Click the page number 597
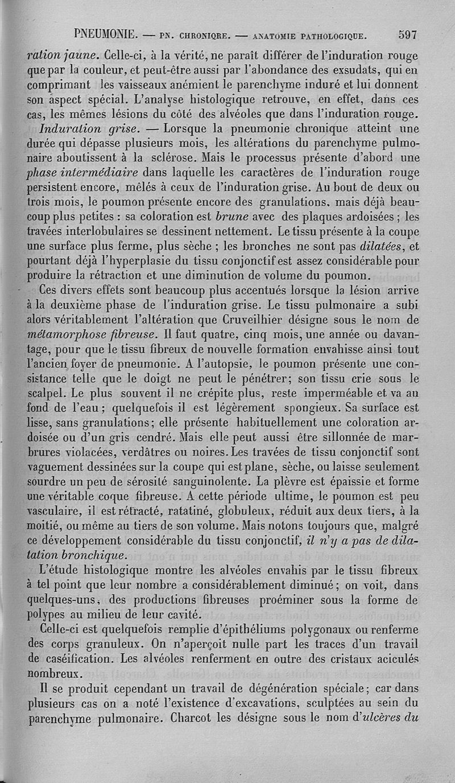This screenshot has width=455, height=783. tap(408, 34)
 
